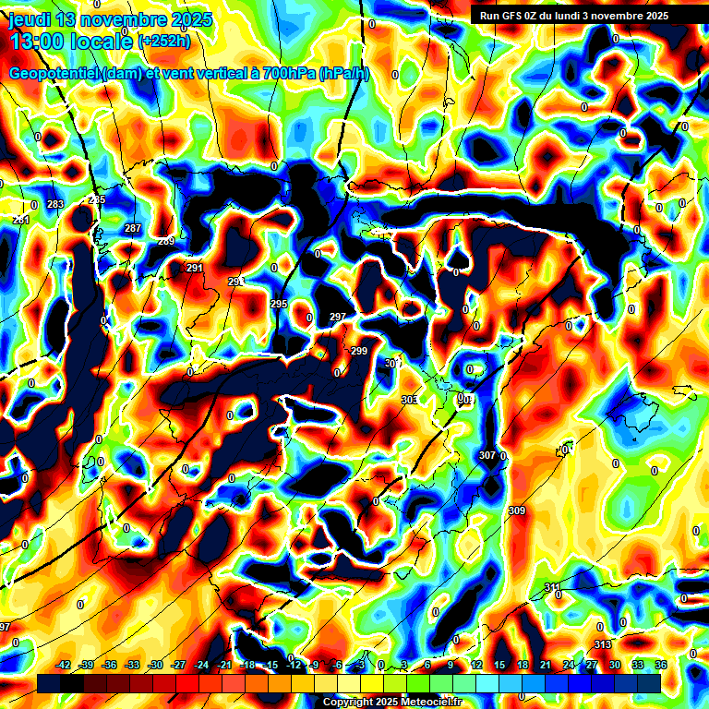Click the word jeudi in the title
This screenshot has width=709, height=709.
(x=30, y=19)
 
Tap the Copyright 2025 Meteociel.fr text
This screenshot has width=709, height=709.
(x=392, y=703)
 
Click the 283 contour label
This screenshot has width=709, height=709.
(x=55, y=204)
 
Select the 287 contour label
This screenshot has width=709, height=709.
(x=133, y=228)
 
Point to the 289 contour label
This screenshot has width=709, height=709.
(x=166, y=241)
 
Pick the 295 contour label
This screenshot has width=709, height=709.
(x=279, y=304)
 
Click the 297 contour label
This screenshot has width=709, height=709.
(x=338, y=317)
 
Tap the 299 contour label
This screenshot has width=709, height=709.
(x=359, y=351)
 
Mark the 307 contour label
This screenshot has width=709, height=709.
(x=487, y=456)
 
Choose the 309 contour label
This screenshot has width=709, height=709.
(x=517, y=511)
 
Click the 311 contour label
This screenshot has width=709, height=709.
(x=552, y=587)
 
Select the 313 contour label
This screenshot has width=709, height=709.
(x=603, y=644)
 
